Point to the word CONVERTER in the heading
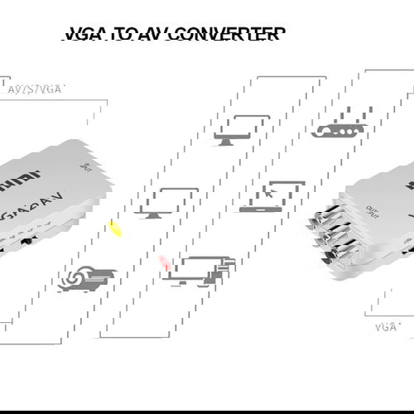point(235,34)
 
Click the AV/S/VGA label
point(36,89)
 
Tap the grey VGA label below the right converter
point(386,327)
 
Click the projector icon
point(82,279)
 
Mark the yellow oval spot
point(116,229)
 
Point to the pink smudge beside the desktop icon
point(164,262)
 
